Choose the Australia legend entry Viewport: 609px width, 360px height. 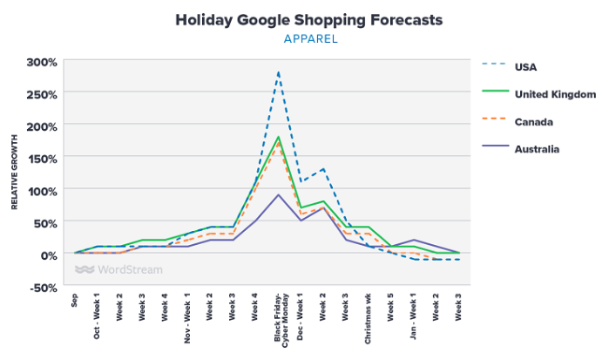[x=536, y=149]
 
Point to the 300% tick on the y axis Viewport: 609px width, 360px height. [x=42, y=62]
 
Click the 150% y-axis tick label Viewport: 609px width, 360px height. [x=42, y=158]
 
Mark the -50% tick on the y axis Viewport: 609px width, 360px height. [x=42, y=286]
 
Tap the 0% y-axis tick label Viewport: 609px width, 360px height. [x=48, y=254]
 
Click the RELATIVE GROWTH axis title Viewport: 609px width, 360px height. [x=14, y=173]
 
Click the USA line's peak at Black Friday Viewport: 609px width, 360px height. [x=278, y=72]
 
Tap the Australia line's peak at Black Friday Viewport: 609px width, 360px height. [x=278, y=194]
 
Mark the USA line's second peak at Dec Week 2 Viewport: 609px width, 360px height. [x=323, y=169]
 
